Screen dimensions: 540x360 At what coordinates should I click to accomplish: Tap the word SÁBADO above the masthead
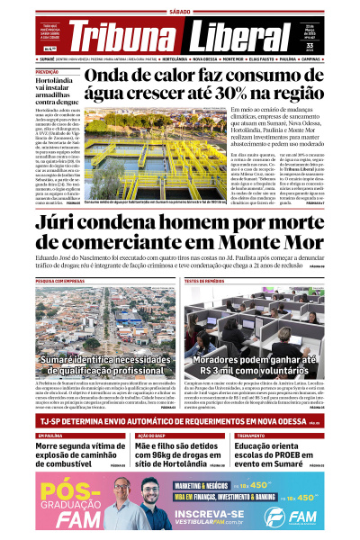180,12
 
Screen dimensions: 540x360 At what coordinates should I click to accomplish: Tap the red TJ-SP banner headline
171,422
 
